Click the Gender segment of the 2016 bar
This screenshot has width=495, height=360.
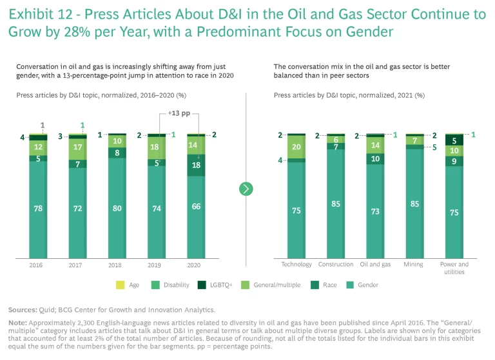[39, 207]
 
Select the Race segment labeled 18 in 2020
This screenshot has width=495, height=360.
[196, 165]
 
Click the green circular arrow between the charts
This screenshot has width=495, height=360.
[246, 189]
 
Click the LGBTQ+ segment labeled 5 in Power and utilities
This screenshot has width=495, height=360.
[454, 140]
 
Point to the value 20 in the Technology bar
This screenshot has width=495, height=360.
[296, 147]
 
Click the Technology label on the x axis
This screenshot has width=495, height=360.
[296, 264]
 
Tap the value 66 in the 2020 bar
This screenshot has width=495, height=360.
[196, 207]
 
